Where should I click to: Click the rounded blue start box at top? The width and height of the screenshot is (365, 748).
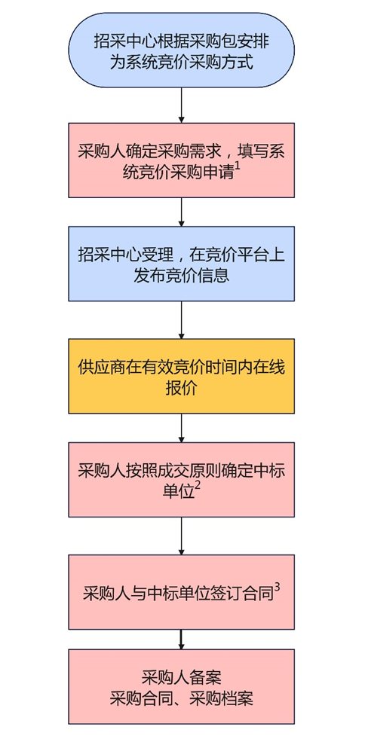[182, 50]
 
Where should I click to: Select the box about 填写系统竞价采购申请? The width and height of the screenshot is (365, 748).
[182, 160]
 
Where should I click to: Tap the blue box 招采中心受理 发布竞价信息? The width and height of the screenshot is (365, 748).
[182, 264]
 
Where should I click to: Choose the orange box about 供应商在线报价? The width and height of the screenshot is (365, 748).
[182, 376]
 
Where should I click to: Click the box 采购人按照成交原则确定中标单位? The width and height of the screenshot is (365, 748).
[182, 479]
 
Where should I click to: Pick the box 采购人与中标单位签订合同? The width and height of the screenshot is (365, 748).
[182, 591]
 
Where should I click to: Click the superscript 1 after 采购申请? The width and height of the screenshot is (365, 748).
[237, 169]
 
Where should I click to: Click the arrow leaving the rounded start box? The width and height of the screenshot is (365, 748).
[182, 105]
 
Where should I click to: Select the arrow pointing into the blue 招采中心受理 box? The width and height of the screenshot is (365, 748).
[182, 212]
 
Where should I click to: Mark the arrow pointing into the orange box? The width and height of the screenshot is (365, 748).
[182, 319]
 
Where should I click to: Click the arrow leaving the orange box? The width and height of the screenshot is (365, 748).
[182, 427]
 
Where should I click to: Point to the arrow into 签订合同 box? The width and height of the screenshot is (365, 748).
[182, 536]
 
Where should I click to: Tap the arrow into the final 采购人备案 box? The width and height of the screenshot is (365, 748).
[182, 639]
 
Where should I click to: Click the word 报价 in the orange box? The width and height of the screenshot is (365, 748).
[182, 389]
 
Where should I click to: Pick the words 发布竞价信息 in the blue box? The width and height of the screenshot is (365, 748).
[182, 276]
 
